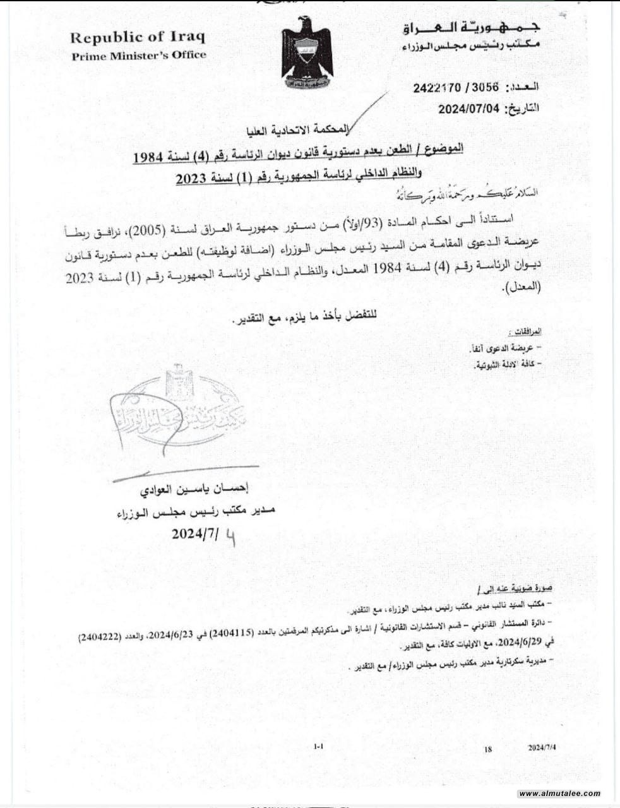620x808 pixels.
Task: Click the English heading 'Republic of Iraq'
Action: point(138,37)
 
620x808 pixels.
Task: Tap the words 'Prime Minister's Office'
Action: point(139,55)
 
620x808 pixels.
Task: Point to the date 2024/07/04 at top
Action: point(469,109)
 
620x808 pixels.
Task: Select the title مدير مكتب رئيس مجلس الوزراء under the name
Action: point(183,514)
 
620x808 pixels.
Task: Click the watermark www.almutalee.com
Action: point(559,793)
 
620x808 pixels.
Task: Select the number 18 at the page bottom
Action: point(488,749)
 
